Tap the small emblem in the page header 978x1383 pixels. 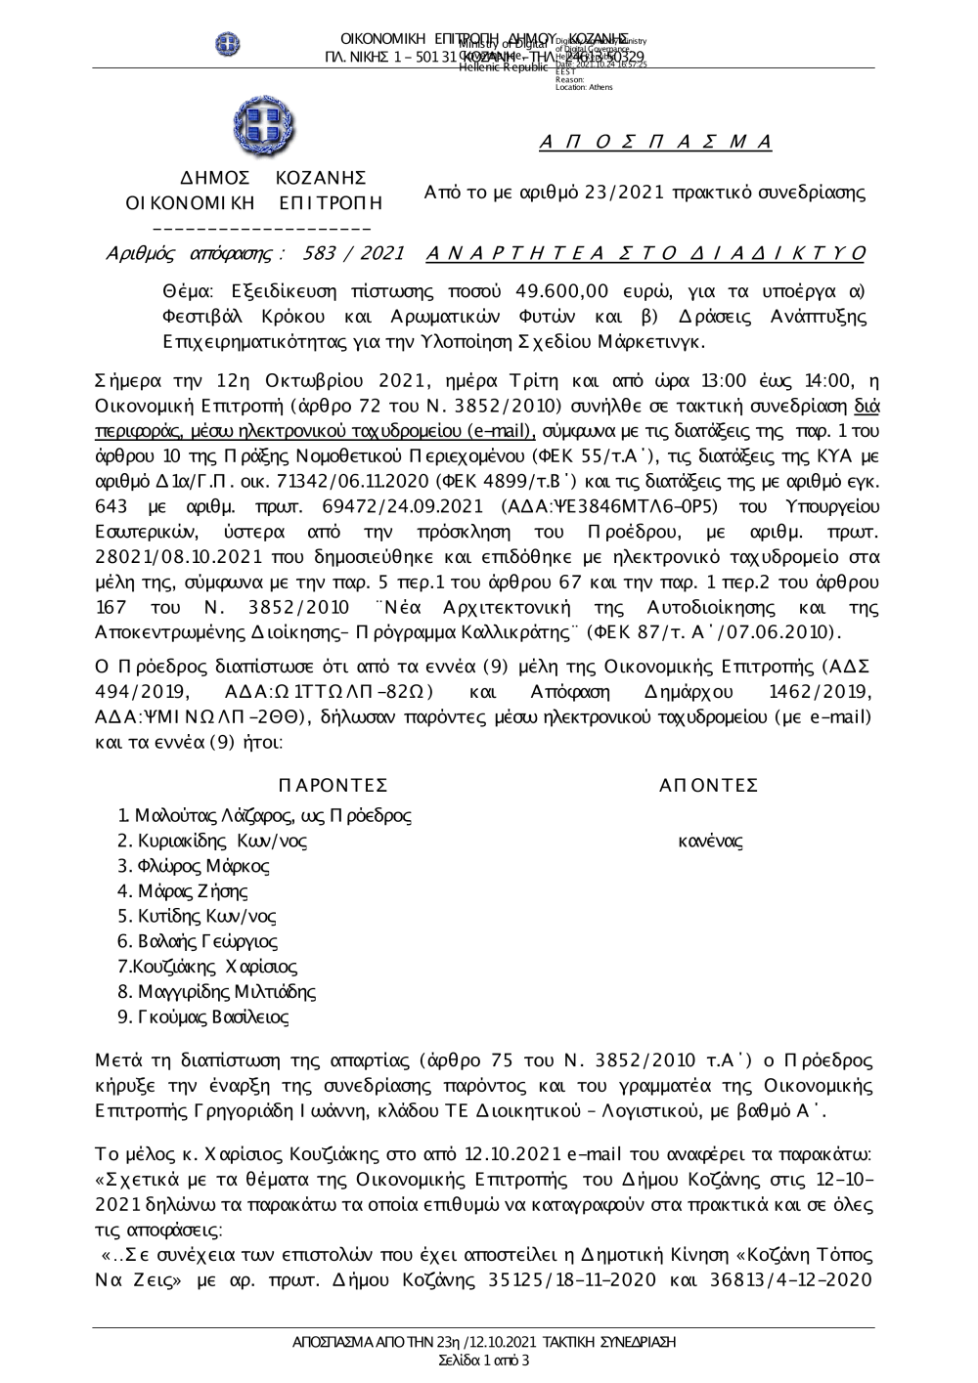click(228, 43)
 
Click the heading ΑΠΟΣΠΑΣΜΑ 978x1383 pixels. click(655, 143)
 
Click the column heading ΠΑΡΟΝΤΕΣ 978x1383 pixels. click(333, 786)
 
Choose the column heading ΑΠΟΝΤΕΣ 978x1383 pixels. click(709, 786)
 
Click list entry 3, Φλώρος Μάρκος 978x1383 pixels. click(193, 866)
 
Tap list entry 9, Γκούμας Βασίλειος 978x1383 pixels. click(202, 1017)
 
